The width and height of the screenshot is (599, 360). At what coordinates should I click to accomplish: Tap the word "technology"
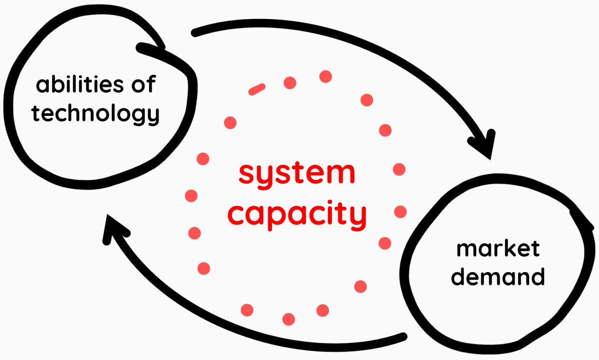pyautogui.click(x=95, y=114)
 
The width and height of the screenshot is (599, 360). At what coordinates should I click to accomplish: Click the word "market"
pyautogui.click(x=498, y=248)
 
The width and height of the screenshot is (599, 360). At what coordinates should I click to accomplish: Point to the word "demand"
pyautogui.click(x=497, y=276)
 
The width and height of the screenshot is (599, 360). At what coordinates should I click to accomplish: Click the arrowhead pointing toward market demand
pyautogui.click(x=486, y=145)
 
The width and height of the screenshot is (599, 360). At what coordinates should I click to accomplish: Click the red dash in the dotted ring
pyautogui.click(x=257, y=89)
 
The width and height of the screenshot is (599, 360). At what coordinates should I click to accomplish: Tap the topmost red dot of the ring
pyautogui.click(x=325, y=76)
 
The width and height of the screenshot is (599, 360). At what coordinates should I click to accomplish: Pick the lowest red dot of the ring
pyautogui.click(x=289, y=319)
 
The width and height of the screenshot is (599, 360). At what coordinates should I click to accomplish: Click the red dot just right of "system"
pyautogui.click(x=399, y=169)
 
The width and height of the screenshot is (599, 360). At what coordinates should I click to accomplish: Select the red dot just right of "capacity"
pyautogui.click(x=400, y=212)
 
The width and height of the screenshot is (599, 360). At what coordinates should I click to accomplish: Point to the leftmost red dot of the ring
pyautogui.click(x=191, y=196)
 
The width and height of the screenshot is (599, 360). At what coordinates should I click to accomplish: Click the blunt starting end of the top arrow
pyautogui.click(x=196, y=33)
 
